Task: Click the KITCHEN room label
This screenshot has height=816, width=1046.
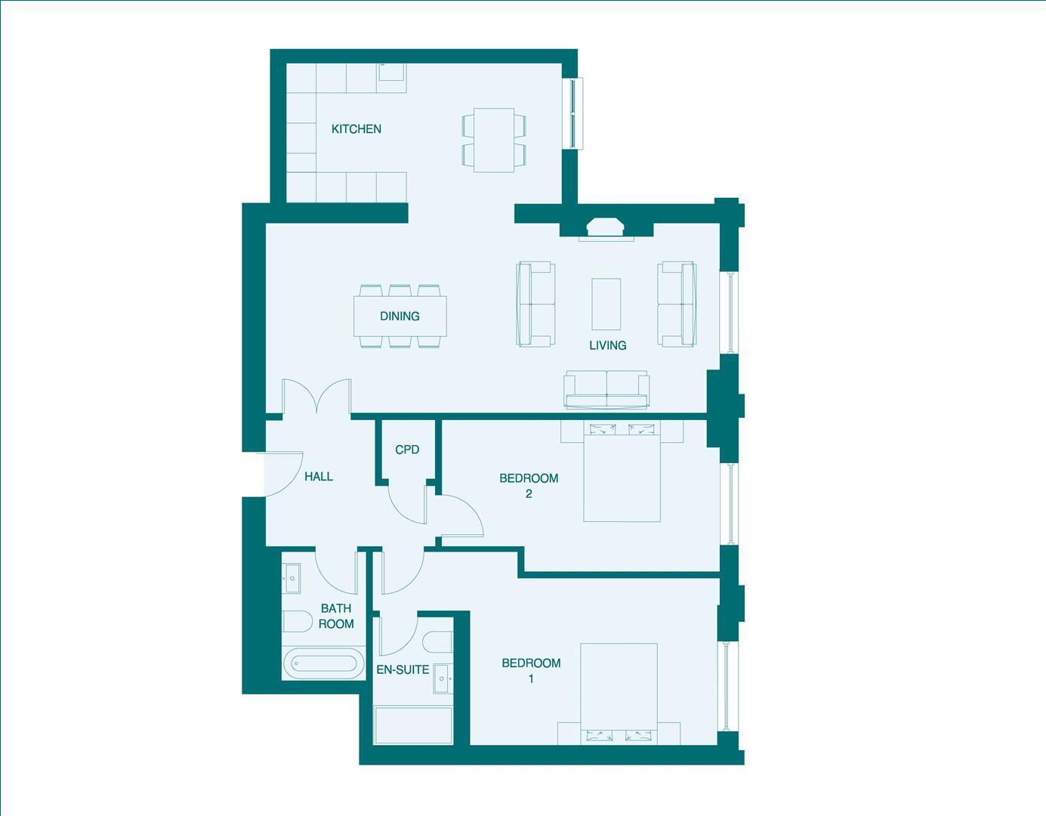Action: click(356, 129)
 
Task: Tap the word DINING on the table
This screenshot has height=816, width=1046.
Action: click(400, 316)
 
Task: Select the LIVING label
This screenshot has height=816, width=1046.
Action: click(607, 345)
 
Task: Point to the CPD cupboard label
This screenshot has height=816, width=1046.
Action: click(407, 450)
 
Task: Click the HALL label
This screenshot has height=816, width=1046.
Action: click(319, 477)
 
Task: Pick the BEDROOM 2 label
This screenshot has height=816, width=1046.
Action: click(529, 485)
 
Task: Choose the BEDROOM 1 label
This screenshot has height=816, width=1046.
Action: click(531, 670)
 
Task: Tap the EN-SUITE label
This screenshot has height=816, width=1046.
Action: click(403, 669)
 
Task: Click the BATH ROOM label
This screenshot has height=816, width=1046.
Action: click(336, 616)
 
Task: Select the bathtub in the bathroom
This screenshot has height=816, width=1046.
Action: click(322, 664)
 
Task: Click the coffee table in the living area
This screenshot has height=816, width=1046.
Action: click(606, 304)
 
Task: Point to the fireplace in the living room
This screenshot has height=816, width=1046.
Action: click(606, 227)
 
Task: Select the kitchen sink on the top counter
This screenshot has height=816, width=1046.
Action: click(392, 73)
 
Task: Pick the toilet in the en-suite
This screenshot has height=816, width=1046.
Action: click(438, 642)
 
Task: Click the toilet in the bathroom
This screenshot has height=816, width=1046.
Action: click(296, 622)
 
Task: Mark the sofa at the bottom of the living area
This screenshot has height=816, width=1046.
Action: click(606, 389)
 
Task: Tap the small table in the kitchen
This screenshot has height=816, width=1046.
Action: click(493, 141)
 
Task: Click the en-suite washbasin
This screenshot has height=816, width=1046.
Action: click(443, 679)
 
